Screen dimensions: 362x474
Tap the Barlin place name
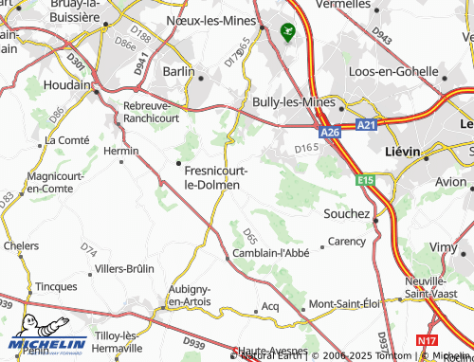tap(178, 71)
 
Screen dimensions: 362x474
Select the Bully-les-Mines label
tap(290, 100)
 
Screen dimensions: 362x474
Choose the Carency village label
tap(346, 242)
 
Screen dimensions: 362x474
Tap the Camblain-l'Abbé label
tap(270, 254)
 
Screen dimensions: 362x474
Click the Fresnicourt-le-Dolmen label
tap(217, 177)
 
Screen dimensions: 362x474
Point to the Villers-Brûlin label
tap(124, 268)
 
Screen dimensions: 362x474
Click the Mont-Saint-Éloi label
tap(344, 304)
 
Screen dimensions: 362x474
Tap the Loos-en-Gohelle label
tap(392, 71)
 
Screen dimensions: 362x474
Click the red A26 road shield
tap(329, 133)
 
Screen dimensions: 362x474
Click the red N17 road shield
tap(427, 340)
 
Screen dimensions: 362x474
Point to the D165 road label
tap(306, 148)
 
